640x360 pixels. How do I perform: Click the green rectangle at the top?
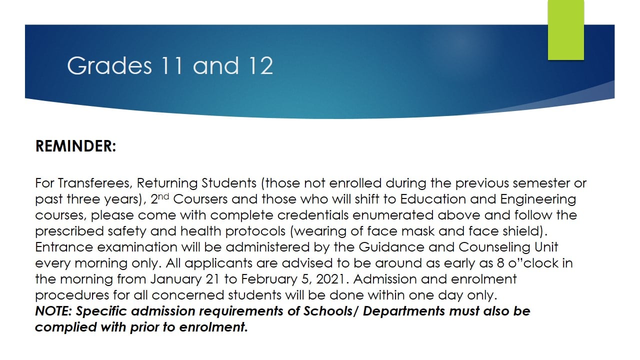click(565, 30)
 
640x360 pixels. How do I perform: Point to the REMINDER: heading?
click(75, 146)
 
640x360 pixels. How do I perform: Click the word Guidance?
click(391, 247)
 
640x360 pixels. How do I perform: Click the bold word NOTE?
click(53, 311)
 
